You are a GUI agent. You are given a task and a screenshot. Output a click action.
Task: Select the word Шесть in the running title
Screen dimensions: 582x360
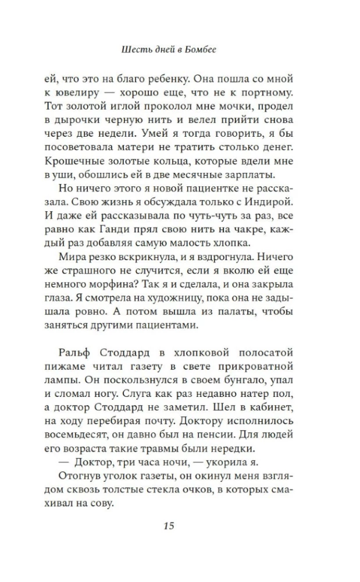[x=134, y=50]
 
